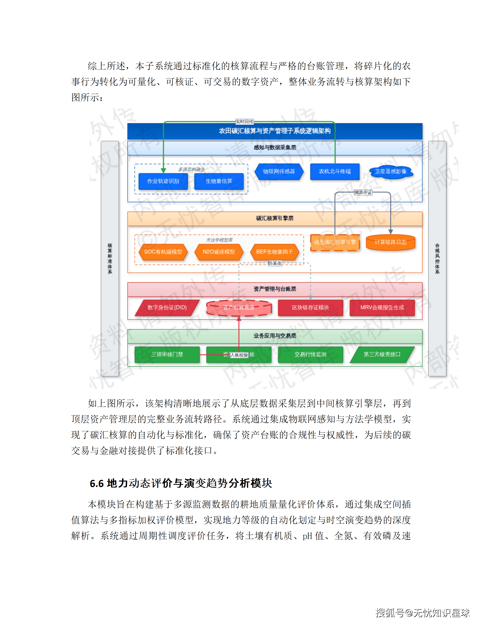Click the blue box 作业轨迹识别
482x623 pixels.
[x=163, y=181]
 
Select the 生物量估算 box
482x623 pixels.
[x=219, y=181]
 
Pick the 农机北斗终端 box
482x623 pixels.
[x=335, y=171]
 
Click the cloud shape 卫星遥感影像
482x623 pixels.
[x=391, y=171]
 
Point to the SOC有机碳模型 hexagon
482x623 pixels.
[x=163, y=252]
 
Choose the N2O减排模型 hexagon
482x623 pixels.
[x=219, y=252]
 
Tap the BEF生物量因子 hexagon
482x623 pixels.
[x=274, y=252]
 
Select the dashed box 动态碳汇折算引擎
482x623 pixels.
[x=335, y=242]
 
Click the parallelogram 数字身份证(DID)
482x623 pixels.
[x=167, y=308]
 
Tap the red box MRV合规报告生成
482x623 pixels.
[x=382, y=308]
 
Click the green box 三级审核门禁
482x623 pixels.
[x=167, y=354]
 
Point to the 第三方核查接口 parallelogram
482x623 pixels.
[x=382, y=354]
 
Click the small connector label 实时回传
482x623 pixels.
[x=244, y=122]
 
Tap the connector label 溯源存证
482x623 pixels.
[x=363, y=192]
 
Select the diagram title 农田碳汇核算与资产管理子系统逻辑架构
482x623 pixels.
[x=275, y=131]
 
